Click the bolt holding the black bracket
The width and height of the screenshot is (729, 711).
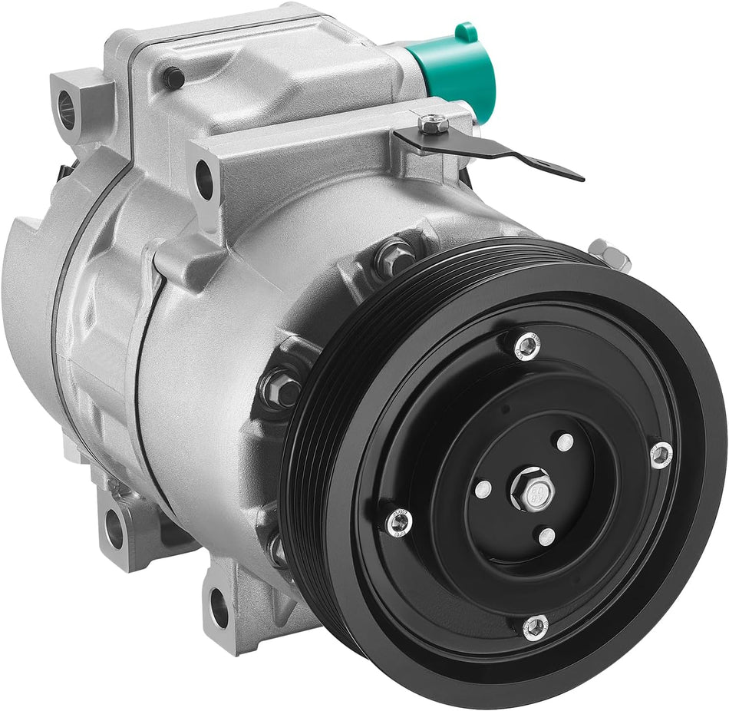[434, 123]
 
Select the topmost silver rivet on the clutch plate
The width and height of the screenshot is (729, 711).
[527, 346]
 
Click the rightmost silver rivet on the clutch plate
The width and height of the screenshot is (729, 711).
[660, 455]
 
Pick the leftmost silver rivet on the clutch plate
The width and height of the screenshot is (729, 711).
[398, 523]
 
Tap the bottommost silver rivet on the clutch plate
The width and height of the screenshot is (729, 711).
[536, 627]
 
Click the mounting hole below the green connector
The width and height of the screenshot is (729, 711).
[203, 178]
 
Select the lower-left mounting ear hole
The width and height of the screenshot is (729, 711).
[114, 529]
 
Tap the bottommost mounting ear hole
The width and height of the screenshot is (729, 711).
[219, 606]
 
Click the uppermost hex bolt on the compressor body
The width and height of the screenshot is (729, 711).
[396, 258]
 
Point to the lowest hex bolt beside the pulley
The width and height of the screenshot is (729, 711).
[276, 548]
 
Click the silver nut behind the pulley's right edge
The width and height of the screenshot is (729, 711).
[611, 254]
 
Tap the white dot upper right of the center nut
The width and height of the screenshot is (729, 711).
[565, 442]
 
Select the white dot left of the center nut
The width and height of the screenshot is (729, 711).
[482, 489]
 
